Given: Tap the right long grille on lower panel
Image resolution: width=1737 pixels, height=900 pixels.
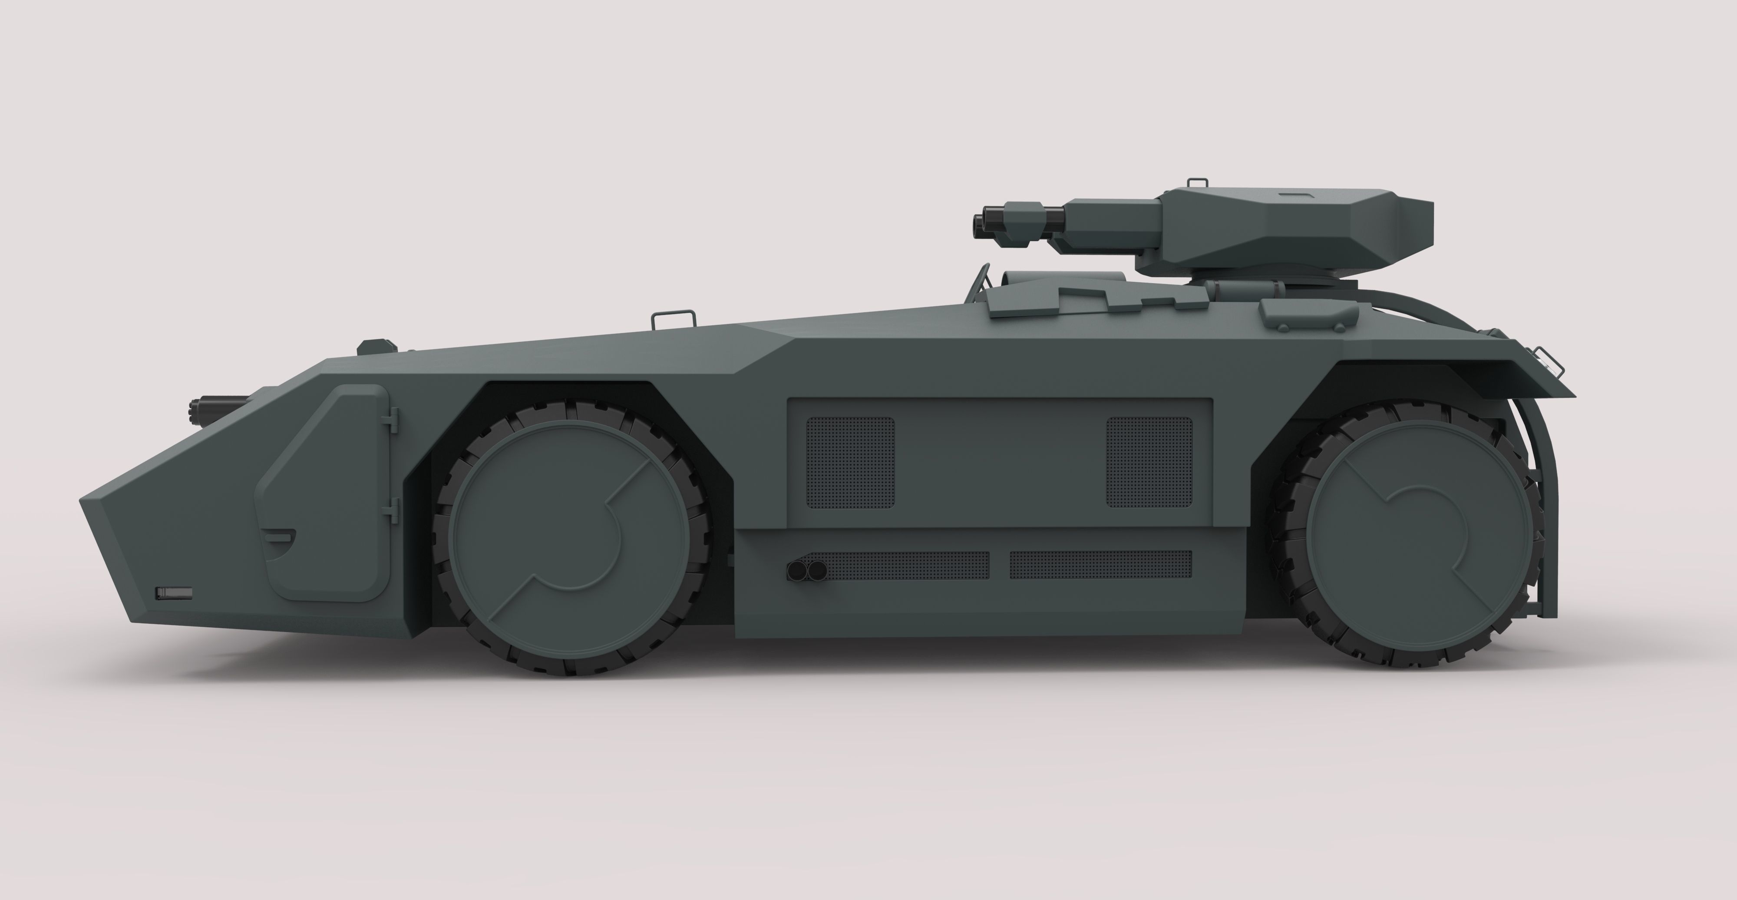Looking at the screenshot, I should point(1100,565).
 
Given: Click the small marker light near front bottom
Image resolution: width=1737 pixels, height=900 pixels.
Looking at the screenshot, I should point(174,592).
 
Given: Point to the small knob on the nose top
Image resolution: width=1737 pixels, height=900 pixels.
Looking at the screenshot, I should point(376,346).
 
